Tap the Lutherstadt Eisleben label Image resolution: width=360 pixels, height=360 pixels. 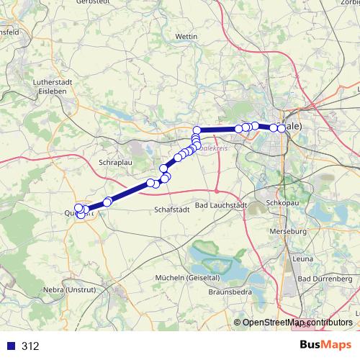click(x=50, y=87)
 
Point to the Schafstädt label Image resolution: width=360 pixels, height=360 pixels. click(x=173, y=210)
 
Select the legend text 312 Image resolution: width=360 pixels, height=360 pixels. click(x=30, y=346)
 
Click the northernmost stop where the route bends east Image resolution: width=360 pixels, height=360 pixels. click(x=197, y=130)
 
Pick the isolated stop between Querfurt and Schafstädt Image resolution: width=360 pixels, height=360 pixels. click(x=107, y=202)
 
